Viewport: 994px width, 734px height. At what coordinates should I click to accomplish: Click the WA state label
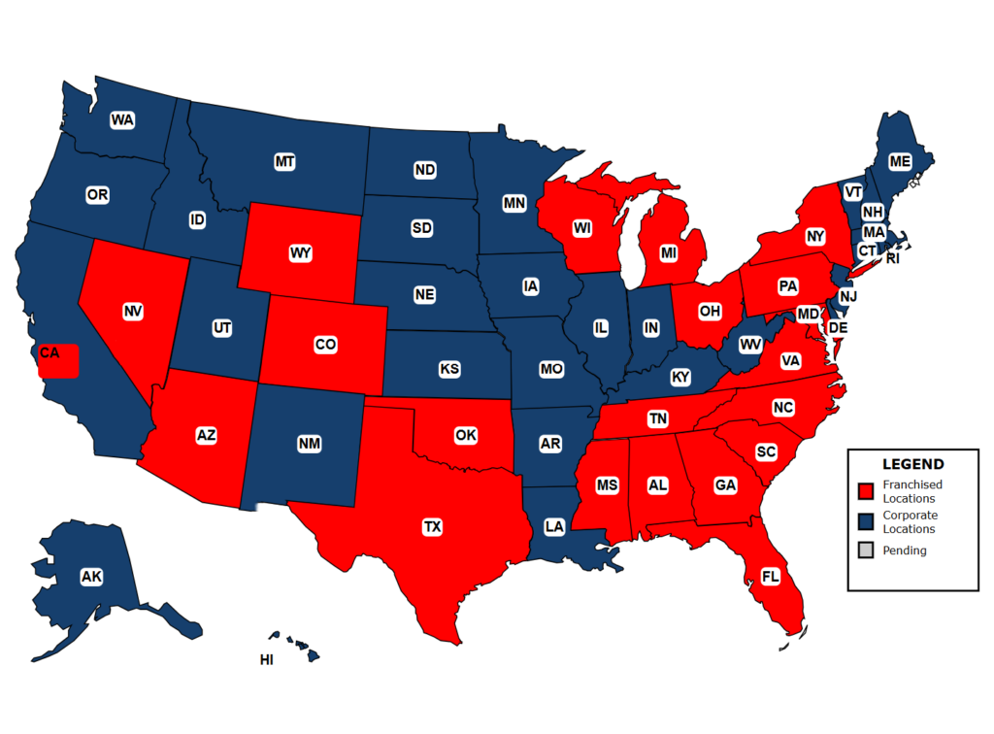point(122,120)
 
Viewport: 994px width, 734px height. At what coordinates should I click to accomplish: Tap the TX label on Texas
point(432,527)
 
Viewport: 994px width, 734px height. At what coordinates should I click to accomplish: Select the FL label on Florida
point(771,577)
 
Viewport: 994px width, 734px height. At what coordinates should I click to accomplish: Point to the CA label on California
point(50,353)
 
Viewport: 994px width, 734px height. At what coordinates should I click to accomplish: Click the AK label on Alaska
point(91,578)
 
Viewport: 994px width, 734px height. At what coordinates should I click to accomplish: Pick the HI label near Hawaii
point(266,660)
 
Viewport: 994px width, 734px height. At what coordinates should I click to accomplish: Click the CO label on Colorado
point(325,344)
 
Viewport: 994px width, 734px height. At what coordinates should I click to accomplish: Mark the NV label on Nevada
point(133,312)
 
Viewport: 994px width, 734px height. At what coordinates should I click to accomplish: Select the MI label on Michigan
point(668,252)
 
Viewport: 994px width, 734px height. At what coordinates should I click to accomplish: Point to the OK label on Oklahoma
point(466,435)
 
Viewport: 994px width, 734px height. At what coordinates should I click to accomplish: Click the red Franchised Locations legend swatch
point(867,491)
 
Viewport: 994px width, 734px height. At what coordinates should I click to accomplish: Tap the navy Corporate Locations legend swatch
point(867,522)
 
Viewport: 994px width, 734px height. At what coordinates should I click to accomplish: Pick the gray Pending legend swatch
point(867,550)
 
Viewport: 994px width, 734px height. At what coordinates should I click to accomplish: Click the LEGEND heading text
point(911,464)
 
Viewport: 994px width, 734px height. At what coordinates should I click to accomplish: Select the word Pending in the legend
point(904,550)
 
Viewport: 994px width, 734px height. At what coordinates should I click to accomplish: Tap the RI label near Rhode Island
point(892,258)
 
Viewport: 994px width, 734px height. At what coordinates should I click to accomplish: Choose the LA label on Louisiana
point(554,527)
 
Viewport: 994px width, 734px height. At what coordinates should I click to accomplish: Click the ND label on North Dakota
point(424,170)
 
